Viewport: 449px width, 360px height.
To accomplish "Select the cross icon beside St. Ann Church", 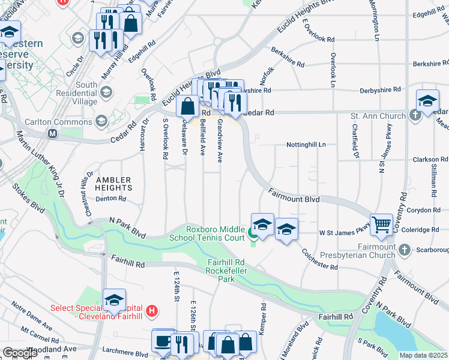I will click(x=415, y=115).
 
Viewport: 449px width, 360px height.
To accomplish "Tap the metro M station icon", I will click(x=52, y=133).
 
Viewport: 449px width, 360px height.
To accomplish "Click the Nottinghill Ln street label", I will click(x=306, y=145).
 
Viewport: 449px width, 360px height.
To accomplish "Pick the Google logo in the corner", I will click(x=20, y=353).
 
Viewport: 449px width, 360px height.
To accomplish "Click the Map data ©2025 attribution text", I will click(x=423, y=355).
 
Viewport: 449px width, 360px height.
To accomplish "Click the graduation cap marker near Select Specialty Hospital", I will click(x=114, y=301).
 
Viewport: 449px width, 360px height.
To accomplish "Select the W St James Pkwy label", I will click(x=344, y=231).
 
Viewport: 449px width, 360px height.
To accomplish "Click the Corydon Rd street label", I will click(x=427, y=210).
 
